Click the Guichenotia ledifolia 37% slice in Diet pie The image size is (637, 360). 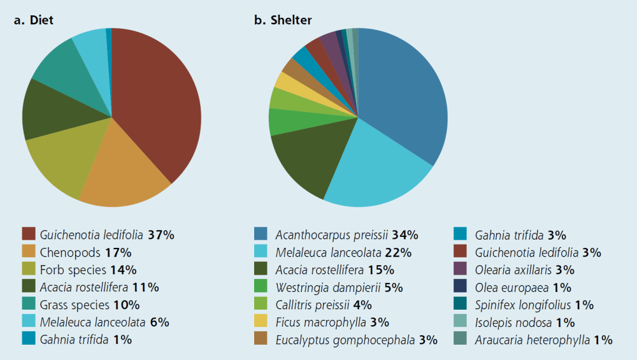pyautogui.click(x=159, y=102)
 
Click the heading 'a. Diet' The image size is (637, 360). pyautogui.click(x=34, y=20)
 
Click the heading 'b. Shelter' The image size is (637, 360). pyautogui.click(x=283, y=20)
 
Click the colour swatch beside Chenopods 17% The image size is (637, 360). pyautogui.click(x=29, y=252)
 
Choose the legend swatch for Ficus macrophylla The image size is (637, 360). pyautogui.click(x=261, y=322)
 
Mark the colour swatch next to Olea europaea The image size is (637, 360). pyautogui.click(x=461, y=287)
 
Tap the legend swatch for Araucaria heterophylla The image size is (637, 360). pyautogui.click(x=461, y=340)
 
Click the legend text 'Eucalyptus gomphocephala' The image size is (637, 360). pyautogui.click(x=346, y=340)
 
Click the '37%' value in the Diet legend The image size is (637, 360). pyautogui.click(x=161, y=234)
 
